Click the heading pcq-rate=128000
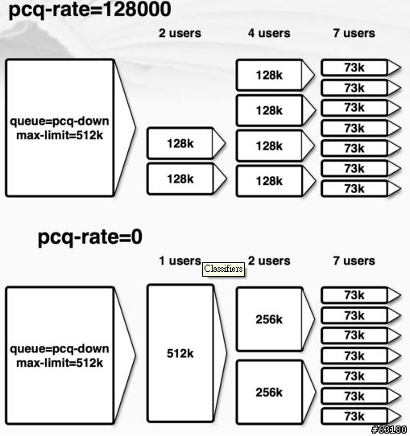pos(89,10)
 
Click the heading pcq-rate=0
pos(89,237)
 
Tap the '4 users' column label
pos(269,33)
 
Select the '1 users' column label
pos(180,261)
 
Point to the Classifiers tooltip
pos(223,269)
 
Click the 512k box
pos(180,353)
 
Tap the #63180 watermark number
pos(389,430)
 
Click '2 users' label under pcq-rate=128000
pos(180,33)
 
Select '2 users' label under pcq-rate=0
pos(269,261)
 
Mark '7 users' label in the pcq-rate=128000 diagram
pos(354,33)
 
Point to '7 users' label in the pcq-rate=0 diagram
pos(354,261)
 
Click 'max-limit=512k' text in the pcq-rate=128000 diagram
pos(60,136)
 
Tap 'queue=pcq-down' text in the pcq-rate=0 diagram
pos(60,348)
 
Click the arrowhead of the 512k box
pos(220,353)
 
